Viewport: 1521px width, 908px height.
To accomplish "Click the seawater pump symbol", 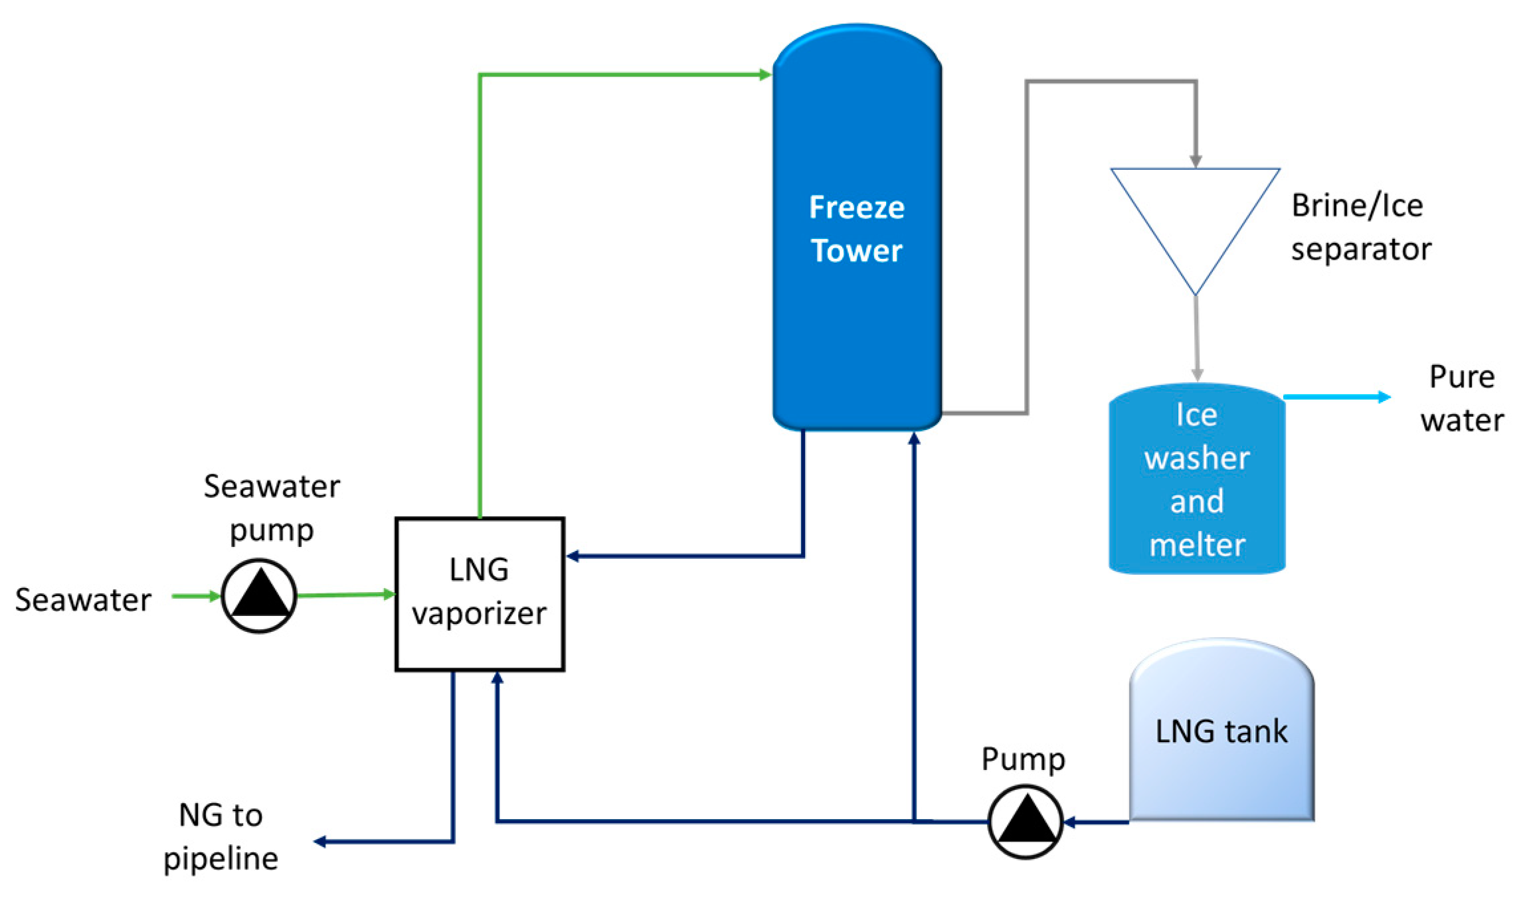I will tap(258, 595).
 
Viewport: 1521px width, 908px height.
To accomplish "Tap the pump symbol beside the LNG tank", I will tap(1025, 822).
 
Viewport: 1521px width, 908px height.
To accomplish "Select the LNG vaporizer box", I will tap(480, 594).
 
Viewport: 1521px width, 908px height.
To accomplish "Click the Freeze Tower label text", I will tap(856, 229).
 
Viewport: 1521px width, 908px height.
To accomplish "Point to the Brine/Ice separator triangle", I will tap(1195, 219).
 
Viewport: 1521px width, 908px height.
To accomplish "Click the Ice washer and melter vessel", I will tap(1197, 479).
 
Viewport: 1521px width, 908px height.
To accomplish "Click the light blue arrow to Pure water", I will tap(1335, 398).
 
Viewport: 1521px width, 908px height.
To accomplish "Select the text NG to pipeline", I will tap(221, 836).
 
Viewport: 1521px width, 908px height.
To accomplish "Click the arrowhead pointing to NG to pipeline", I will tap(320, 842).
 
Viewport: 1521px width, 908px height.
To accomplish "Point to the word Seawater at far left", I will tap(83, 599).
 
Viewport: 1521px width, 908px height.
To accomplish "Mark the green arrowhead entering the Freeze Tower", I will tap(764, 75).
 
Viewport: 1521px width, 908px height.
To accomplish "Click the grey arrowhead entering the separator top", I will tap(1196, 161).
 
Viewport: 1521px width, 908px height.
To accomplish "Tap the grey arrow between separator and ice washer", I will tap(1197, 339).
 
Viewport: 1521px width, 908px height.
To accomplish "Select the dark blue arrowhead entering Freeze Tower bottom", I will tap(914, 438).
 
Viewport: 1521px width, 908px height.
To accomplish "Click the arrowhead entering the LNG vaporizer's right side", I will tap(573, 556).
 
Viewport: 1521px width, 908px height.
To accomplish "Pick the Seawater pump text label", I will tap(271, 508).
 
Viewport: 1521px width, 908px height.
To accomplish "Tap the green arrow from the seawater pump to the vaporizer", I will tap(345, 595).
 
